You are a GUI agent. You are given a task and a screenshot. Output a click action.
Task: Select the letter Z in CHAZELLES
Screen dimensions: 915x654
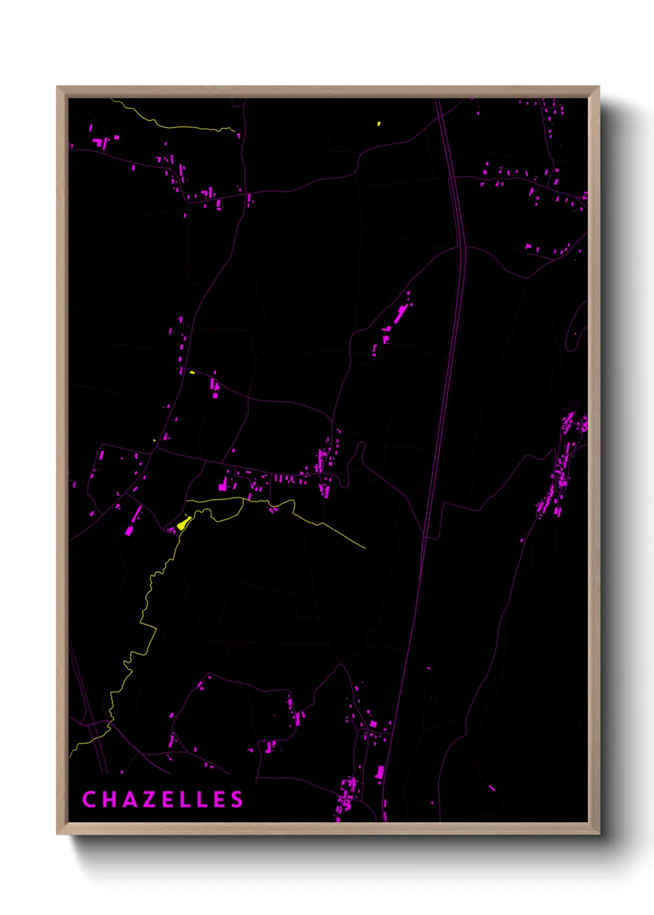pyautogui.click(x=148, y=799)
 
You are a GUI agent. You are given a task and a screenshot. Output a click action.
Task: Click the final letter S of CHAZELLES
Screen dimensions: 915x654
pyautogui.click(x=237, y=799)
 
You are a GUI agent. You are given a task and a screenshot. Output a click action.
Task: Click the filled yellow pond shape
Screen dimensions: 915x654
pyautogui.click(x=183, y=524)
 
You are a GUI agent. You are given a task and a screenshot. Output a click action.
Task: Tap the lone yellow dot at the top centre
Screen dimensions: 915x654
pyautogui.click(x=379, y=124)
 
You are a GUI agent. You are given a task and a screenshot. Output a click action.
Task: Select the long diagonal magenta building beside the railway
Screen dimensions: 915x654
pyautogui.click(x=399, y=315)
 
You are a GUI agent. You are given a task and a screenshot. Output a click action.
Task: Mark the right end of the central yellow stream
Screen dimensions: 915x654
pyautogui.click(x=364, y=547)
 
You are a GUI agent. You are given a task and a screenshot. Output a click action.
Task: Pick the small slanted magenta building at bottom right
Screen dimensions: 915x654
pyautogui.click(x=492, y=788)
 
